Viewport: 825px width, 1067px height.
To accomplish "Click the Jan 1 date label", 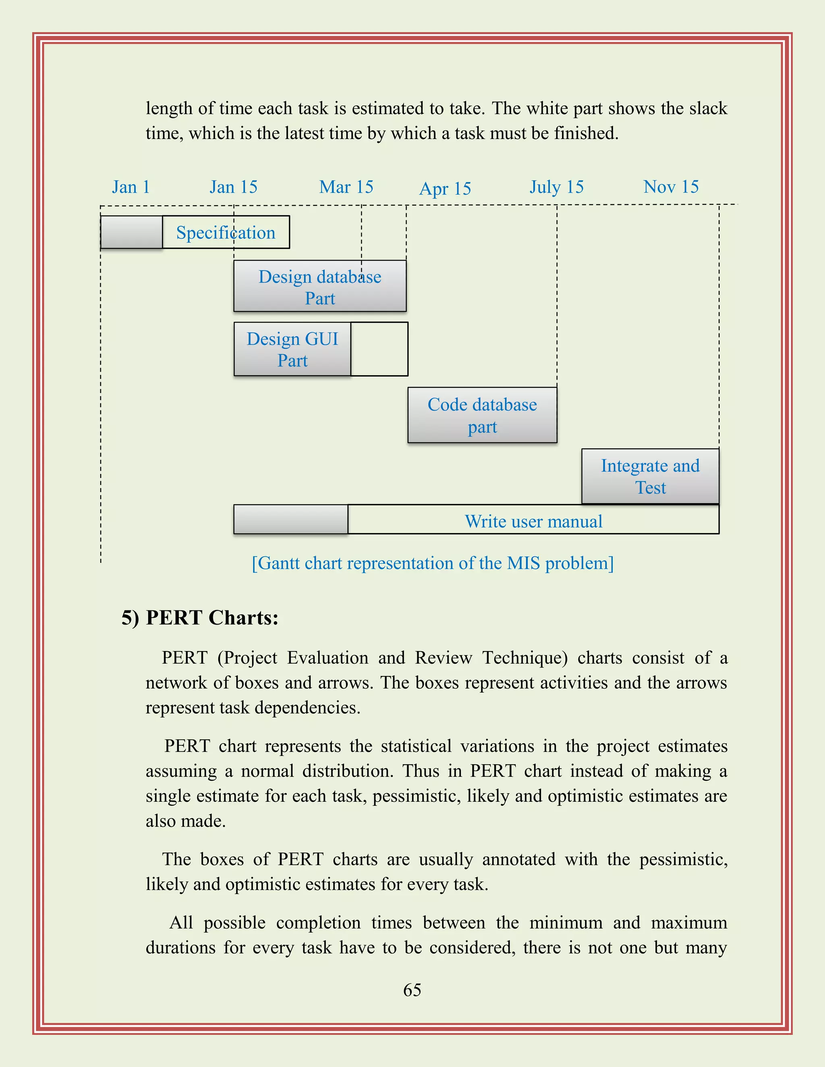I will (131, 187).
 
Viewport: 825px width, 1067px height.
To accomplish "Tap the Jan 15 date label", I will (233, 187).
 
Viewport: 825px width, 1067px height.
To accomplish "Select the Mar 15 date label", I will (346, 187).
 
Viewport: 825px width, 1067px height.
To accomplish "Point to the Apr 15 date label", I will (445, 188).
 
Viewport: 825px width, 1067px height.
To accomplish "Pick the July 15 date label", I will (557, 187).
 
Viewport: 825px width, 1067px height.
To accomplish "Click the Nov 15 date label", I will (671, 187).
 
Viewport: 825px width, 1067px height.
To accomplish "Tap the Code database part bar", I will (482, 415).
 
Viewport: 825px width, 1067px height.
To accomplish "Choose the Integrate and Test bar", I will (650, 476).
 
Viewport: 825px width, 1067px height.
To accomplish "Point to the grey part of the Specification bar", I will (131, 233).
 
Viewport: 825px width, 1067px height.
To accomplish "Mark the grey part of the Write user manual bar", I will (290, 519).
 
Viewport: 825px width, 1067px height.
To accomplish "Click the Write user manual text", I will (533, 521).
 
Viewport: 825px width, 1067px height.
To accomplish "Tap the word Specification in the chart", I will (226, 233).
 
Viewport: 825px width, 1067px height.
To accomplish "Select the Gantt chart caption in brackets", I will (433, 563).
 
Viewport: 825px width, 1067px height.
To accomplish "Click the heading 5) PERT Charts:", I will (200, 618).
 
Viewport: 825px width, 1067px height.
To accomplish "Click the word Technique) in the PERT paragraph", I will (524, 658).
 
